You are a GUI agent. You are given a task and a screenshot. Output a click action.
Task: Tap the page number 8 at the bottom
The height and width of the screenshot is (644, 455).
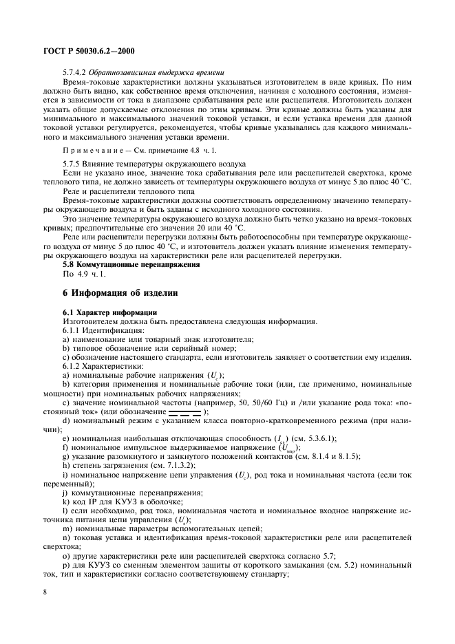(45, 590)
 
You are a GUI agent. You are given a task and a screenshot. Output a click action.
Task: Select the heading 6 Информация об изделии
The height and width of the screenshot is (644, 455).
(120, 292)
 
